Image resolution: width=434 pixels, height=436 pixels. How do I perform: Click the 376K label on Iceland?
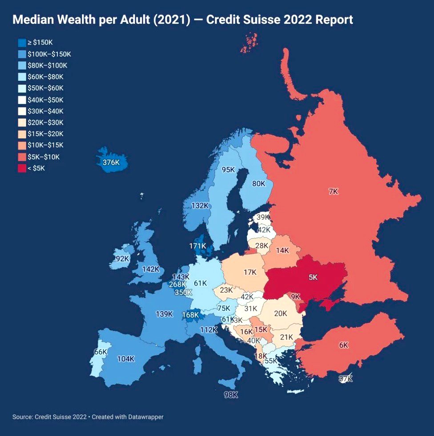(x=111, y=163)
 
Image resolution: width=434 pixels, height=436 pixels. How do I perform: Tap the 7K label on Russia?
(x=333, y=191)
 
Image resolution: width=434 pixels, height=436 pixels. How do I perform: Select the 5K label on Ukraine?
(x=313, y=277)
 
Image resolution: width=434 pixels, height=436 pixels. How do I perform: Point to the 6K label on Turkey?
(x=343, y=345)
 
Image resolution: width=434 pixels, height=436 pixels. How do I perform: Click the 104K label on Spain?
(x=126, y=359)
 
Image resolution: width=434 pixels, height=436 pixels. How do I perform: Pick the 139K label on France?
(x=164, y=314)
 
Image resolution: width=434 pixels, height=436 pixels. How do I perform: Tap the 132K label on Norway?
(x=200, y=206)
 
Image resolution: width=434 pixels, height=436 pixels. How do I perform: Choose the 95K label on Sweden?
(x=228, y=170)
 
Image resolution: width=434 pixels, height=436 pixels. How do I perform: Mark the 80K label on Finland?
(x=259, y=183)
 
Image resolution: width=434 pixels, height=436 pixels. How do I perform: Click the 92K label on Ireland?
(x=122, y=258)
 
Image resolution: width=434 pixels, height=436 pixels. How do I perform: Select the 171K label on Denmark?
(x=197, y=246)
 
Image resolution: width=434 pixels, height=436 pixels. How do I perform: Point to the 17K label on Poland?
(x=250, y=272)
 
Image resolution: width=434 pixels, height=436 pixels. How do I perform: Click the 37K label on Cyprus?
(x=345, y=379)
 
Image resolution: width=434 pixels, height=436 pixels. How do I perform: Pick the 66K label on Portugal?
(x=101, y=352)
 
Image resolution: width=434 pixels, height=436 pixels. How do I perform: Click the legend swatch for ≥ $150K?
(x=22, y=43)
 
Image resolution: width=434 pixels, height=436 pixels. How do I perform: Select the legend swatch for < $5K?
(x=22, y=168)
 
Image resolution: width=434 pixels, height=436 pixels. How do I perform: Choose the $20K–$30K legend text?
(x=45, y=123)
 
